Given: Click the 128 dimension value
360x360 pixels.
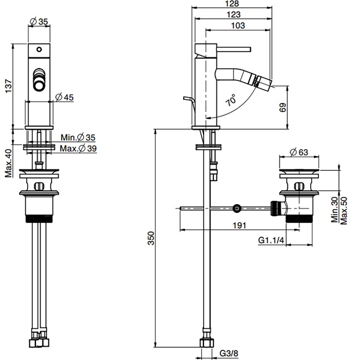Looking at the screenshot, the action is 232,3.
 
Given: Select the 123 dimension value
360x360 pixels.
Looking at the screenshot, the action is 234,14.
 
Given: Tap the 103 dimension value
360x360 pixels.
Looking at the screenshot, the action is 238,26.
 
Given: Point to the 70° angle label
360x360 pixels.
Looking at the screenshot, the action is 231,100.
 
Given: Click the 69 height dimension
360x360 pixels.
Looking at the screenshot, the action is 283,108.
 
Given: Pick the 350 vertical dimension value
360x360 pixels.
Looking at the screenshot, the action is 151,238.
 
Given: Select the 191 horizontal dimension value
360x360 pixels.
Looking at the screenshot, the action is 240,225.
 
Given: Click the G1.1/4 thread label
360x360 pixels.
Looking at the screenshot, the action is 271,240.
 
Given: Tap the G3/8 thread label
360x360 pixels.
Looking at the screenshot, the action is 229,353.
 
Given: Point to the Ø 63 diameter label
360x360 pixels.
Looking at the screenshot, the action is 299,152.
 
